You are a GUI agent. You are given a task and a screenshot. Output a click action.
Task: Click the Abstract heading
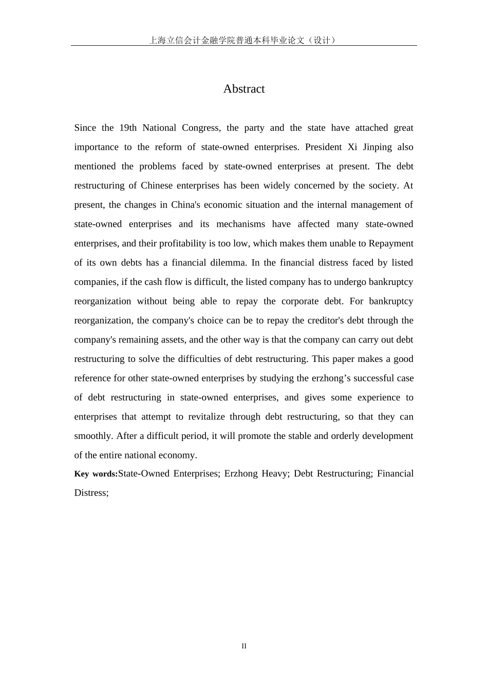244,89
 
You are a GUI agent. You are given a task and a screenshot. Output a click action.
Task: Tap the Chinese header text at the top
243,40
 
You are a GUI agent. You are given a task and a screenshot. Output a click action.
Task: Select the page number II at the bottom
244,646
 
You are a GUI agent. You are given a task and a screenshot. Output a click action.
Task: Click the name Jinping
378,147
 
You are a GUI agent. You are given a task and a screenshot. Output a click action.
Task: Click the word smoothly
93,436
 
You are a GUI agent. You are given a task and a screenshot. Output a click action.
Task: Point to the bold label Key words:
96,474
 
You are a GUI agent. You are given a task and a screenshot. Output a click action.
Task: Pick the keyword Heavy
275,473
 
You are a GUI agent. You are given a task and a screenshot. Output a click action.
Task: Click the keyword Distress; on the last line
91,493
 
